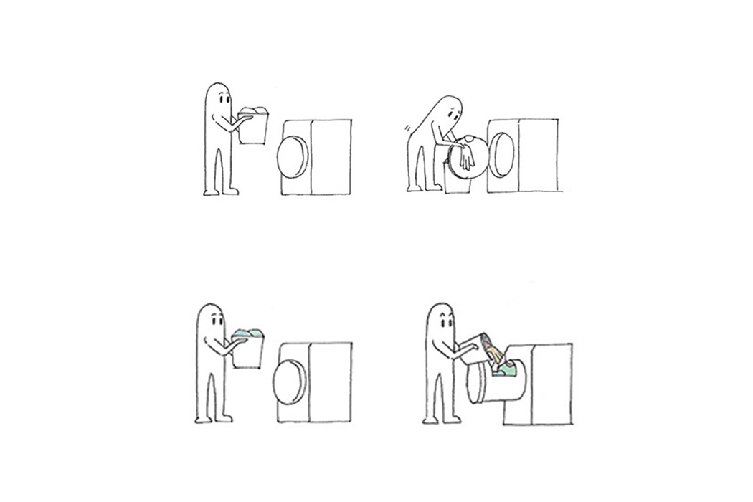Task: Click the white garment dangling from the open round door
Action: coord(466,156)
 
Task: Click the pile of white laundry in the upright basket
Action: coord(253,111)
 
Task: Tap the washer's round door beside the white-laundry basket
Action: coord(293,155)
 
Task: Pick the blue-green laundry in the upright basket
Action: coord(248,333)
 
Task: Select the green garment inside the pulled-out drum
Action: coord(508,369)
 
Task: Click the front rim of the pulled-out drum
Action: coord(473,383)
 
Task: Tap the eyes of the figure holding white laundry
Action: coord(224,100)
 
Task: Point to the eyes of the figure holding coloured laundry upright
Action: coord(217,320)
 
